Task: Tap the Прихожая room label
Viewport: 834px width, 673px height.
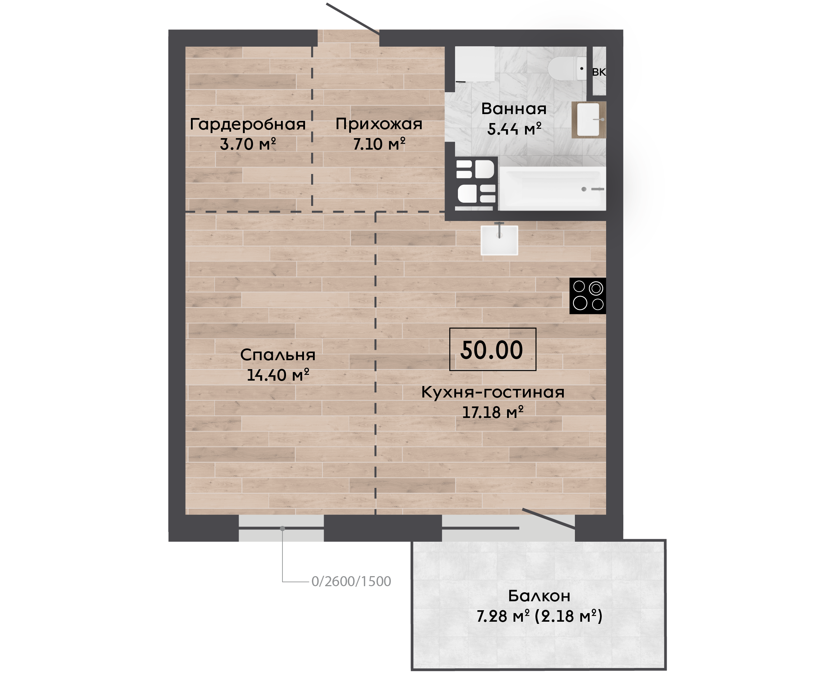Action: coord(379,125)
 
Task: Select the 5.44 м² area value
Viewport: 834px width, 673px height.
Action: coord(514,129)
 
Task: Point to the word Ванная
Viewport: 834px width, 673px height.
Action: coord(514,109)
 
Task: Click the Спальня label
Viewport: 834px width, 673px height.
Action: coord(278,355)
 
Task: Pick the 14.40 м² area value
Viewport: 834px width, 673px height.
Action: coord(278,375)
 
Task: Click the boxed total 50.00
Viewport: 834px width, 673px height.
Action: coord(492,350)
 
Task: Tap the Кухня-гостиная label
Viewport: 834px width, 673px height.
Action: coord(493,392)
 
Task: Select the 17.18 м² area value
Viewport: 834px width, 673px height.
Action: coord(493,412)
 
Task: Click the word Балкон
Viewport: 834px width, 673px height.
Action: coord(539,596)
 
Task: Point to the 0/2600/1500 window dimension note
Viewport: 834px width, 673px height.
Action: coord(351,582)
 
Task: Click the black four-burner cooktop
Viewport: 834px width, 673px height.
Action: coord(587,296)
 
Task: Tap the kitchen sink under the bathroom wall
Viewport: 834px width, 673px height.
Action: coord(500,240)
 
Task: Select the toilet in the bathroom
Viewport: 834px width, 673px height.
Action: coord(567,69)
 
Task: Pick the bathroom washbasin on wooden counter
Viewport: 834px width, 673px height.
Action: coord(589,120)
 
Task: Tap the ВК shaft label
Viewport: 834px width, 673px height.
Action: coord(599,72)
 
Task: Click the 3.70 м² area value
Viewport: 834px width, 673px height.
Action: coord(248,144)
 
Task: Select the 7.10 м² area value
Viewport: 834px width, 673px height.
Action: coord(379,144)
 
